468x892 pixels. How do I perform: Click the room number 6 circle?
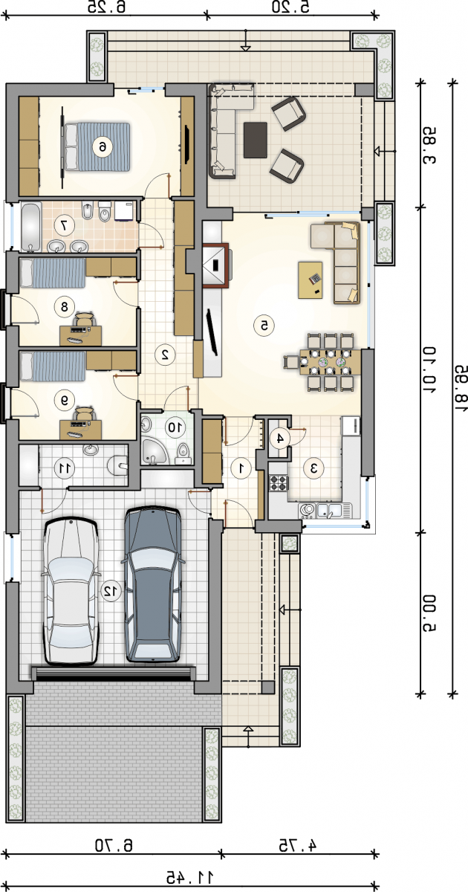click(103, 147)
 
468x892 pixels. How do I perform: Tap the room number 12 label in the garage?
click(111, 590)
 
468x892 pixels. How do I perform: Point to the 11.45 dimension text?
click(190, 876)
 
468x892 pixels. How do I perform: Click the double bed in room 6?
click(97, 147)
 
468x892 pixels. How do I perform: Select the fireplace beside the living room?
click(215, 265)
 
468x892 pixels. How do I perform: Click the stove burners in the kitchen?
click(279, 483)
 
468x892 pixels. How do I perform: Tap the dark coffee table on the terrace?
click(255, 140)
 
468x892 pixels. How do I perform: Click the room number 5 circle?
click(264, 326)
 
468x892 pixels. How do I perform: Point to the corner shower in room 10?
click(153, 452)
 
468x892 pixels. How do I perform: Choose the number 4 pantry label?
click(279, 438)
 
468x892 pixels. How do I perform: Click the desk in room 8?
click(81, 336)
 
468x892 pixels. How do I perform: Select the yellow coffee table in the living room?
click(311, 279)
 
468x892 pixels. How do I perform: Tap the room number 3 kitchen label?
click(313, 468)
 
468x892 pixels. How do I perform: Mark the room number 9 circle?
click(64, 399)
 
